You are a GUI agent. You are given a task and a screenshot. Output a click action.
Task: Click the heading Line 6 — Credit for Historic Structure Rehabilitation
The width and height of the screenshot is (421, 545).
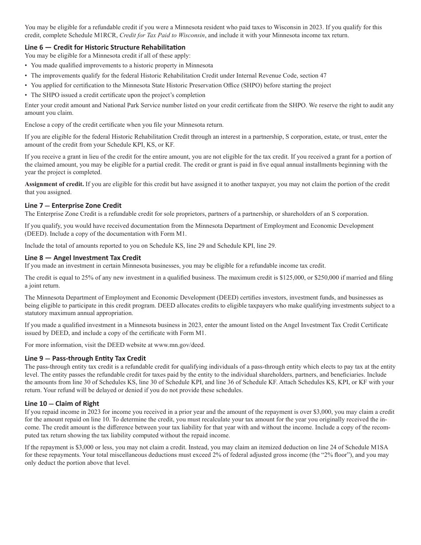coord(105,47)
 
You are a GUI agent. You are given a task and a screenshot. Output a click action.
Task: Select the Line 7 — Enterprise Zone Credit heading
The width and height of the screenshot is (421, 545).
coord(73,206)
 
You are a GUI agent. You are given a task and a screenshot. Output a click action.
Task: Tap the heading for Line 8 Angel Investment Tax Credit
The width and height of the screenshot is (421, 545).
coord(83,258)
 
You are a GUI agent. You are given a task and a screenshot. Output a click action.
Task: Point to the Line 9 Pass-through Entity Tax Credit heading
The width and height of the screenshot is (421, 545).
coord(85,358)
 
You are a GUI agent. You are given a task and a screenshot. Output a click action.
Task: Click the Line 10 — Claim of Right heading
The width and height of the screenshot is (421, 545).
coord(62,404)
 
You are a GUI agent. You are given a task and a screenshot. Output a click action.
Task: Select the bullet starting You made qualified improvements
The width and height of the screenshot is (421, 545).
coord(122,66)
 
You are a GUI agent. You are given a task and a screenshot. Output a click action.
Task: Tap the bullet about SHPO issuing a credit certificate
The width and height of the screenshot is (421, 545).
coord(118,95)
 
